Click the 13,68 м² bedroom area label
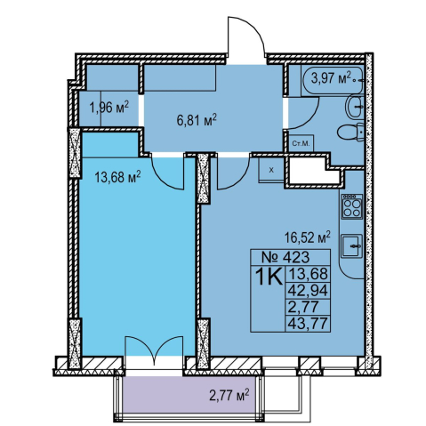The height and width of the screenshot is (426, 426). [117, 177]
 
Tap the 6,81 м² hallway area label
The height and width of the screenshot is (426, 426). [197, 121]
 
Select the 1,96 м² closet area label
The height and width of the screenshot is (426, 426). [109, 108]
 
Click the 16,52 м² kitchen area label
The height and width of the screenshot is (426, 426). [308, 237]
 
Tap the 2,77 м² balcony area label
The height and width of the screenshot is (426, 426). [229, 396]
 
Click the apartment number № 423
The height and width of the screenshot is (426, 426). [285, 257]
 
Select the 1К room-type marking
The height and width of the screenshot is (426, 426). [269, 277]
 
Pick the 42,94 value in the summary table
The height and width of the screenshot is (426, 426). [308, 291]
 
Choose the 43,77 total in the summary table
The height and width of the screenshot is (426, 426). [308, 323]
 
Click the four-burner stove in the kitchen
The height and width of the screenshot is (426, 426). [352, 206]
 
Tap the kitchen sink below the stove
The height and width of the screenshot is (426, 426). [352, 245]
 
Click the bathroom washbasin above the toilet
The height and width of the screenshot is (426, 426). [355, 106]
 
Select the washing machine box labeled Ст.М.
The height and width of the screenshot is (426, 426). [301, 144]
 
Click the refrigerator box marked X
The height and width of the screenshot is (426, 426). [271, 170]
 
